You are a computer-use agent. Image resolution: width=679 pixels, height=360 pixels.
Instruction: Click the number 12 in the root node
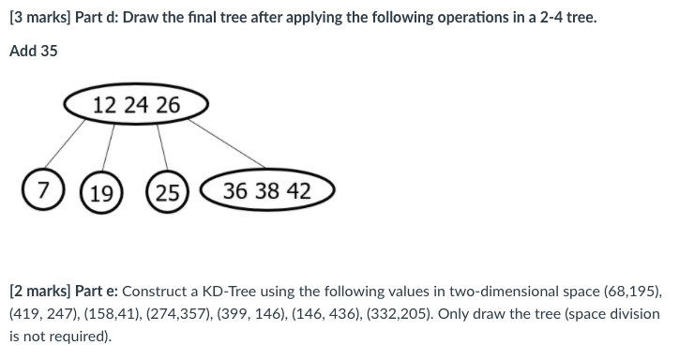pyautogui.click(x=105, y=104)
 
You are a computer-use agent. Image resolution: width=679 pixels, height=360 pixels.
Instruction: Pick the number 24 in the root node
pyautogui.click(x=136, y=104)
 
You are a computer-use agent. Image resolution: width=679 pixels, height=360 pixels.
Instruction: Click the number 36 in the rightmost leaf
pyautogui.click(x=236, y=191)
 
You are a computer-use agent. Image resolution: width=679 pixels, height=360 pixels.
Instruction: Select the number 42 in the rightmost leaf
pyautogui.click(x=298, y=191)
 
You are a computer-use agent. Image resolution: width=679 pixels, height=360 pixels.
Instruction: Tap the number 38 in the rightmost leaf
pyautogui.click(x=267, y=191)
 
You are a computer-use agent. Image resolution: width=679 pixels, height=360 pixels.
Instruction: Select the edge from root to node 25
pyautogui.click(x=161, y=148)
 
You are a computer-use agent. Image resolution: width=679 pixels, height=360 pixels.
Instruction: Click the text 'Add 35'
pyautogui.click(x=34, y=51)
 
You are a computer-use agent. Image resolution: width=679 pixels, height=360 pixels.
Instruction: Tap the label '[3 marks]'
pyautogui.click(x=38, y=17)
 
